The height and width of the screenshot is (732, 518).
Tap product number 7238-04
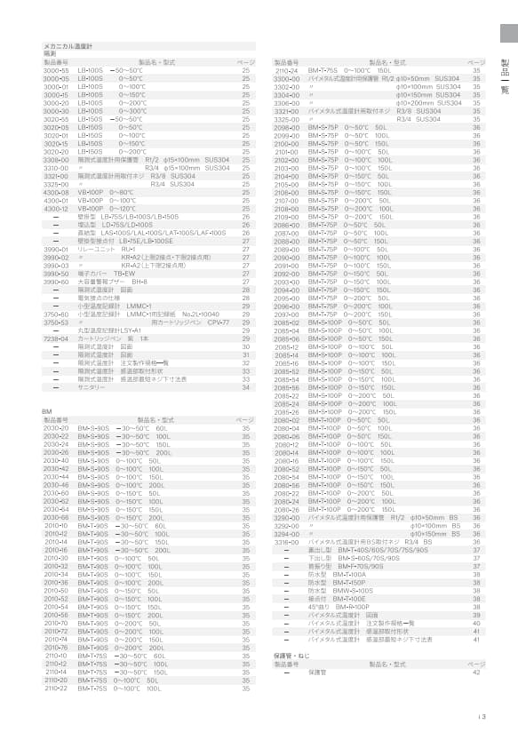[x=56, y=338]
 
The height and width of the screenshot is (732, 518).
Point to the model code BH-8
[x=140, y=281]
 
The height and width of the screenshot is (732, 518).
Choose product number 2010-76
[x=56, y=648]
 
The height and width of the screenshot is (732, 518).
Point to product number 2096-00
[x=286, y=127]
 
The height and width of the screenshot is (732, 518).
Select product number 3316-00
[x=286, y=541]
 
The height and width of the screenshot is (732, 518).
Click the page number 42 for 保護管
[x=476, y=672]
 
